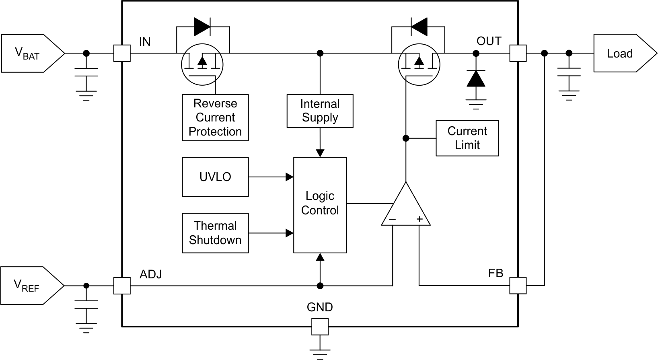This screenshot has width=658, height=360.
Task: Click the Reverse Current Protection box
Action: click(x=215, y=117)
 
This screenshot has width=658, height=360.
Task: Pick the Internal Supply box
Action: click(x=320, y=111)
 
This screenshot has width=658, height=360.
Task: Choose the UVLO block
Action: click(x=215, y=177)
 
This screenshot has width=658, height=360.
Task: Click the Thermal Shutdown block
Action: click(x=215, y=233)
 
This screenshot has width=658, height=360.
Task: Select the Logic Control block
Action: click(x=320, y=205)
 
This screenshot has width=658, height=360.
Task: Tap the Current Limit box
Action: click(x=467, y=138)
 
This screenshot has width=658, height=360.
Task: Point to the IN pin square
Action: click(x=122, y=53)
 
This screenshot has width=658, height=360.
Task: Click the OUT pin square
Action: click(x=518, y=53)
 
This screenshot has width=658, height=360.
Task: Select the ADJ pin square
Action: click(x=122, y=286)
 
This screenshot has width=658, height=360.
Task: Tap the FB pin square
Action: click(x=518, y=285)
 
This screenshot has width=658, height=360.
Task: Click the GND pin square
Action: click(x=320, y=326)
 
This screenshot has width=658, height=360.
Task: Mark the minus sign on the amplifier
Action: click(x=392, y=220)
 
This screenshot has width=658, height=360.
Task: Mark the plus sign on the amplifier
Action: click(x=419, y=219)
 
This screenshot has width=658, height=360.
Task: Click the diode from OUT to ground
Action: click(x=476, y=79)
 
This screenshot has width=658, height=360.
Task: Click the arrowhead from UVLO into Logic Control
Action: click(x=290, y=177)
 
